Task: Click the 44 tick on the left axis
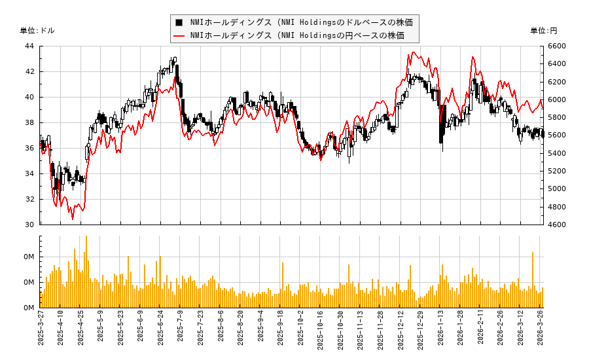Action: click(29, 46)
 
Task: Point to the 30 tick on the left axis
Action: click(29, 225)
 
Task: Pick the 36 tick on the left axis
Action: click(29, 148)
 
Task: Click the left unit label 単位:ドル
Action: click(37, 31)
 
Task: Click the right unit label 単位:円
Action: click(543, 31)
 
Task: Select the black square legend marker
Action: click(179, 22)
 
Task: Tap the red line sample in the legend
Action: click(179, 35)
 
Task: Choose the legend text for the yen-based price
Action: click(297, 35)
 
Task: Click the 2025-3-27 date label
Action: click(41, 332)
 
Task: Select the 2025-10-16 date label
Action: click(321, 332)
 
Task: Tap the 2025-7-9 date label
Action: click(181, 332)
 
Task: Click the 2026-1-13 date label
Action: click(440, 332)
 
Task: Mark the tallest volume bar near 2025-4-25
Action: click(86, 272)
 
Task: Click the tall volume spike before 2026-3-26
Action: click(533, 279)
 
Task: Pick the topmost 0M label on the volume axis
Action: click(29, 257)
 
